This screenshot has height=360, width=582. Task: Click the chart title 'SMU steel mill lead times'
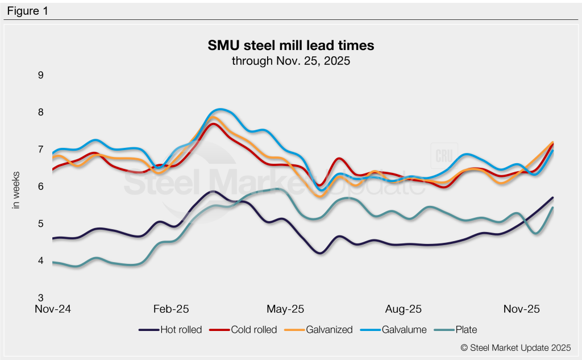coord(290,45)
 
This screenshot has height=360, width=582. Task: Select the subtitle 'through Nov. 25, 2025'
coord(290,60)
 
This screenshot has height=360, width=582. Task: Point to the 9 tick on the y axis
coord(40,75)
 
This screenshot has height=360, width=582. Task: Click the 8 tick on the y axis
coord(40,112)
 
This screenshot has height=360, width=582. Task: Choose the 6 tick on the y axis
coord(40,187)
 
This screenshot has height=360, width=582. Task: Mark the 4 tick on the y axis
coord(40,261)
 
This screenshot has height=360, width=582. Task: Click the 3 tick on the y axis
coord(40,298)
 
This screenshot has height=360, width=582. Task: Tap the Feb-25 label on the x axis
coord(171,309)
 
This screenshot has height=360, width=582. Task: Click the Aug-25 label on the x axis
coord(403,309)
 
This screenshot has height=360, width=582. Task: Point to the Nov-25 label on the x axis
coord(521,309)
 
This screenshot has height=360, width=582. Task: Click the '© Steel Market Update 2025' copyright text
coord(515,347)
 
